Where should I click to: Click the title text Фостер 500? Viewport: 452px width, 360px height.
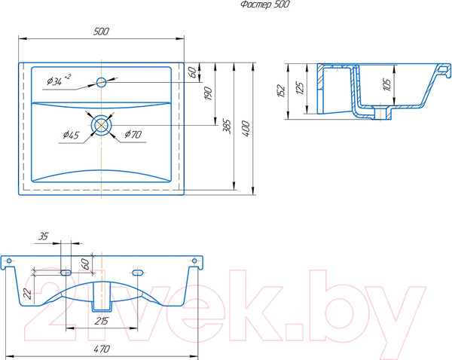click(265, 5)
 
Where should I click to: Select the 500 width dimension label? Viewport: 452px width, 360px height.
click(101, 32)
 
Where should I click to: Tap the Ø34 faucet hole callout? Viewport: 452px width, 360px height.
click(59, 81)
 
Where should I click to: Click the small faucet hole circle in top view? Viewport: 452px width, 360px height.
click(101, 82)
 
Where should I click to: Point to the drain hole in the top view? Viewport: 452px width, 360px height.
click(101, 125)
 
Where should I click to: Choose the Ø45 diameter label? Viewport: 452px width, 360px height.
click(71, 135)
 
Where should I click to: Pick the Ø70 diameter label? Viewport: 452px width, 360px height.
click(133, 134)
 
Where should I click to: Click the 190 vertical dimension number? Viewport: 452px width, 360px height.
click(208, 93)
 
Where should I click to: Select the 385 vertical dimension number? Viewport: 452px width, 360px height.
click(228, 127)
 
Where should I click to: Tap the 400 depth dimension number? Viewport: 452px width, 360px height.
click(246, 129)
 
